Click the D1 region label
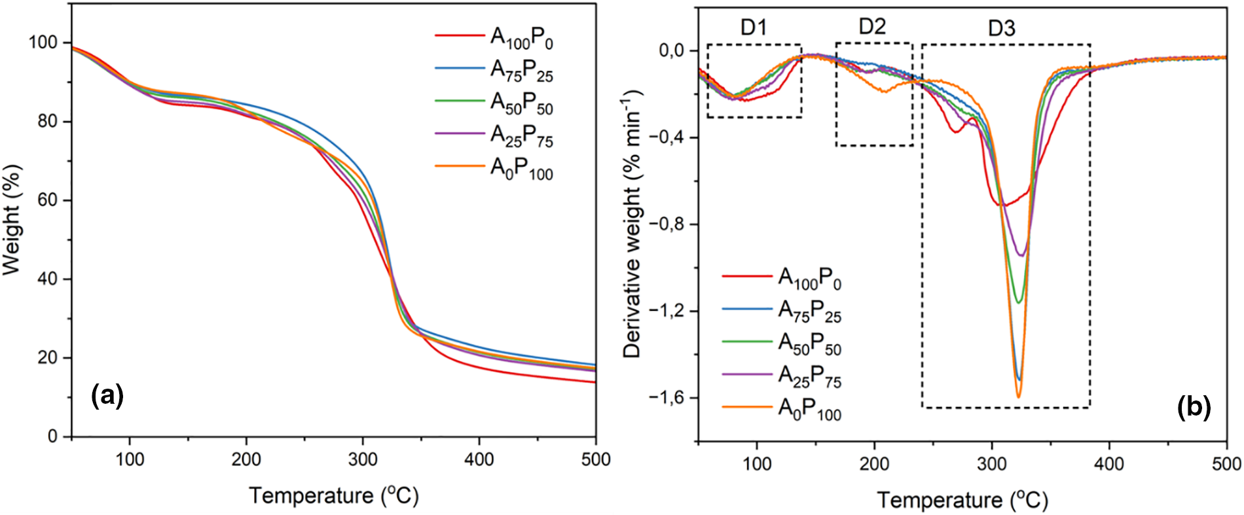[x=754, y=27]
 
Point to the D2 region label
[x=872, y=26]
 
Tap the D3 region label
[x=1001, y=29]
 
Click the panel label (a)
[x=107, y=396]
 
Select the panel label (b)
[x=1194, y=407]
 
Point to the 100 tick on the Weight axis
[x=43, y=43]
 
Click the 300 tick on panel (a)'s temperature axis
[x=363, y=459]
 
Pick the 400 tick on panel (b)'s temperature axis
[x=1109, y=464]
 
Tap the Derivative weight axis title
[x=632, y=224]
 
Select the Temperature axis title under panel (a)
[x=333, y=495]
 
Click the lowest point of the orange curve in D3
[x=1018, y=397]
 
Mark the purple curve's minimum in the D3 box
[x=1021, y=255]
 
